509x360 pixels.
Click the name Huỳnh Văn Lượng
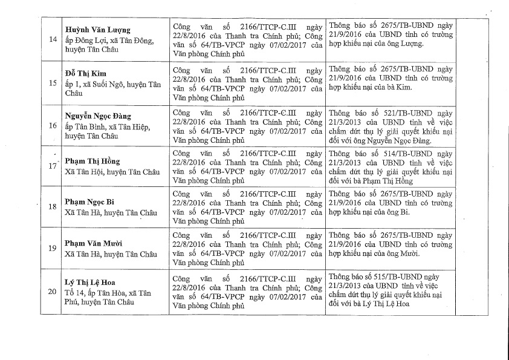(97, 30)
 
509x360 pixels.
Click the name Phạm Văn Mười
(94, 243)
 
